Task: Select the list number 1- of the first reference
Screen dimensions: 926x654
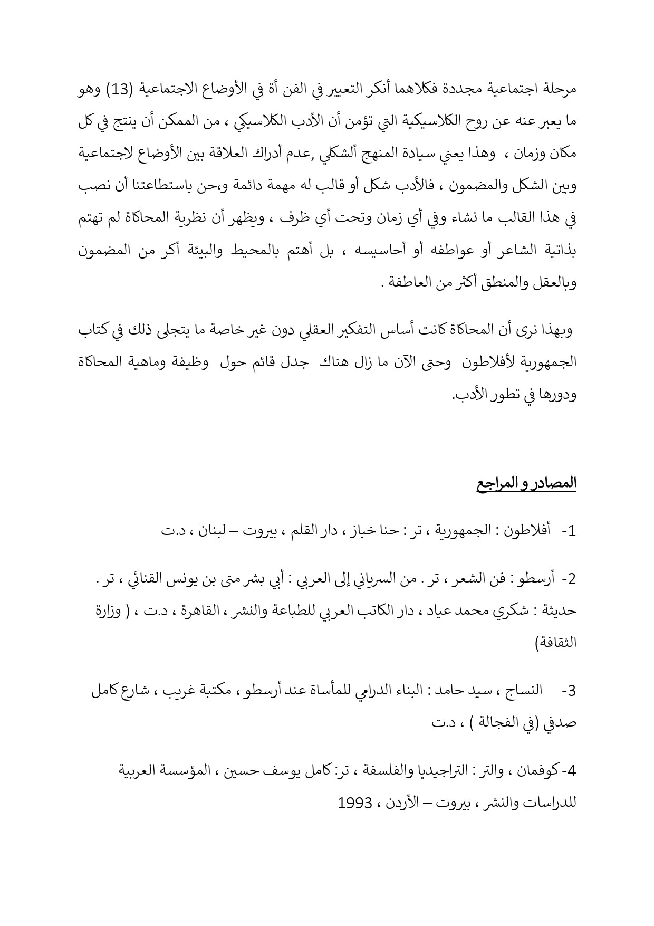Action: [569, 531]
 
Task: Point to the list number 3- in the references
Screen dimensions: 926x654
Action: [569, 691]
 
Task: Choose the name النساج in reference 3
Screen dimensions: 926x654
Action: [524, 691]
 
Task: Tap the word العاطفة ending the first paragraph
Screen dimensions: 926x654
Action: [410, 282]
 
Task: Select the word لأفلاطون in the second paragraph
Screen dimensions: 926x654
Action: [497, 362]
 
